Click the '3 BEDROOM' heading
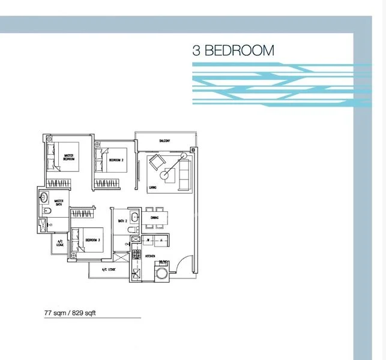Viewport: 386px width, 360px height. (233, 50)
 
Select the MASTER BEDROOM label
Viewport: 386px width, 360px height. (70, 158)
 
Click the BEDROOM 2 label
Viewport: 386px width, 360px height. (116, 160)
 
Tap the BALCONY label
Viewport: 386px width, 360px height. (165, 141)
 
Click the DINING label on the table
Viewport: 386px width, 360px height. (154, 218)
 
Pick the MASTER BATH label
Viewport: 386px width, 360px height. (59, 203)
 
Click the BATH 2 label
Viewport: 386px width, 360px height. (122, 221)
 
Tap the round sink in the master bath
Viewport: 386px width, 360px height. (44, 197)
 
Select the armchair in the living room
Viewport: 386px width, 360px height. (157, 162)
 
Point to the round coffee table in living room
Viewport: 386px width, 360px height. (165, 175)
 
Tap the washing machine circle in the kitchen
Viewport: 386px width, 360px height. (162, 273)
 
